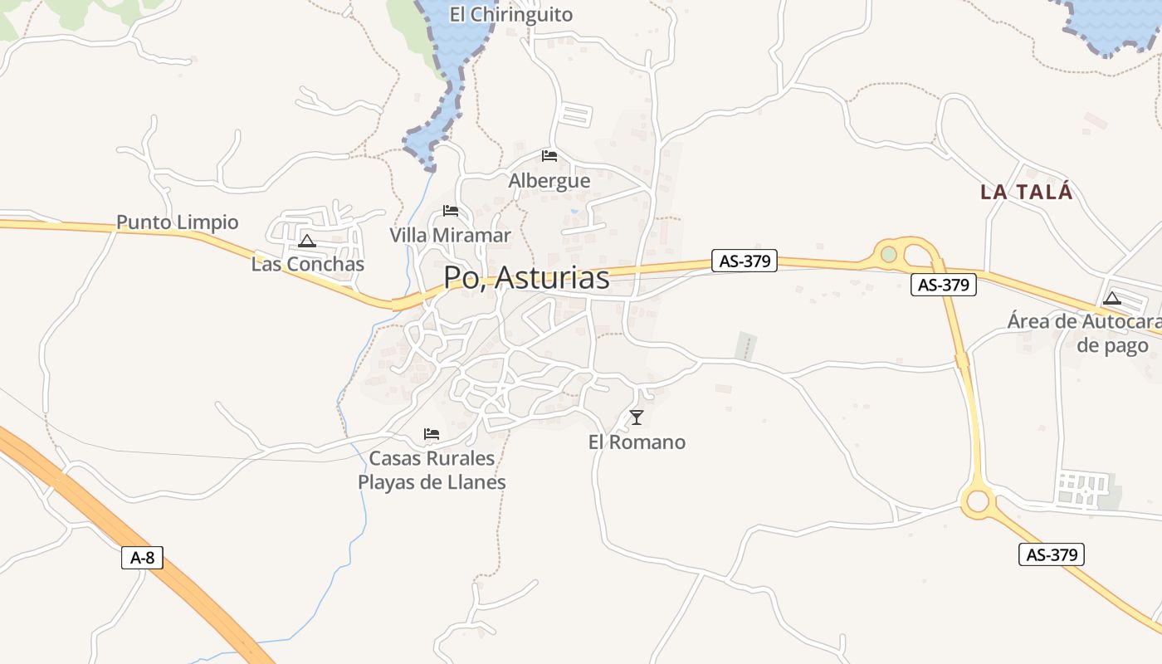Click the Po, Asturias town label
(x=526, y=277)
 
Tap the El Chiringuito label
(x=511, y=14)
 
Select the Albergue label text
(x=549, y=180)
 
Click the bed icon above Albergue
(x=549, y=155)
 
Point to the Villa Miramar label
(x=451, y=235)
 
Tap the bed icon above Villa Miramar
(x=451, y=210)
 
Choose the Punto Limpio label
(x=177, y=222)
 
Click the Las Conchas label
(x=308, y=264)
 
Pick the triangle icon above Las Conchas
(x=307, y=242)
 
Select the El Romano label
(x=637, y=442)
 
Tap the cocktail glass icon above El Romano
(x=637, y=417)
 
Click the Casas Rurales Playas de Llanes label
(x=432, y=470)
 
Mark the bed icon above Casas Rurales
(x=432, y=433)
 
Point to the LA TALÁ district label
(x=1027, y=192)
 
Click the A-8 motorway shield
(x=143, y=557)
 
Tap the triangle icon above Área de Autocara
(x=1112, y=298)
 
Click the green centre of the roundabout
(x=889, y=254)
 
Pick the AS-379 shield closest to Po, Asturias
(x=745, y=261)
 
